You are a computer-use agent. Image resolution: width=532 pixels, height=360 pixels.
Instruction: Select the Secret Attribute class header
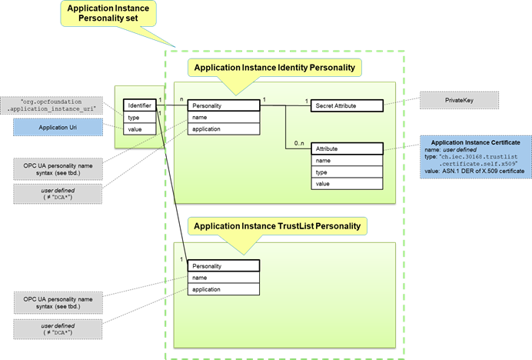346,105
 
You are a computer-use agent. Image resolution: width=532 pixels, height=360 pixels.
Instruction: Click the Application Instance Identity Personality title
274,68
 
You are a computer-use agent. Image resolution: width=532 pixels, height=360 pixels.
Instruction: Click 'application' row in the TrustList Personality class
218,289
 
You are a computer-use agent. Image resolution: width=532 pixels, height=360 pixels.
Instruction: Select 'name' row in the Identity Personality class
218,118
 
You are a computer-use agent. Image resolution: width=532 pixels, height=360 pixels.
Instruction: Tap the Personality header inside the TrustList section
218,266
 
